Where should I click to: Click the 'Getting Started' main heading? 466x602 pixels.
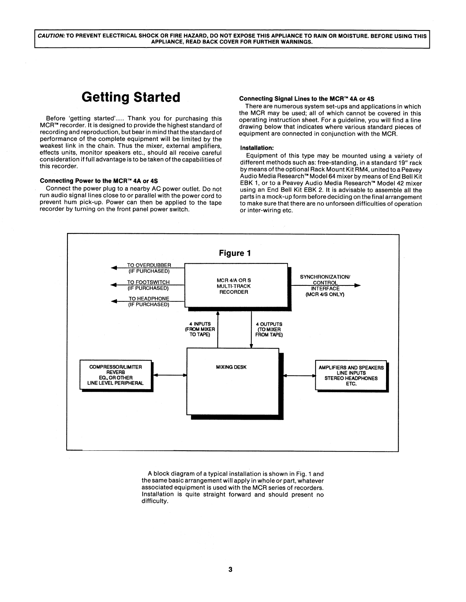(131, 97)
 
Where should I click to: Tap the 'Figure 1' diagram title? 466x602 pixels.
(235, 253)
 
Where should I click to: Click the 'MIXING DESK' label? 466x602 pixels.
(231, 367)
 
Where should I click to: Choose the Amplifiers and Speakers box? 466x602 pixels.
(351, 375)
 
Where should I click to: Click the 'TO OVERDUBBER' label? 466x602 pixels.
(149, 265)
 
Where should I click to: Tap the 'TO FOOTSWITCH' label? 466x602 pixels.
(148, 282)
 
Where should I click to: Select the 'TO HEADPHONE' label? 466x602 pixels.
(149, 299)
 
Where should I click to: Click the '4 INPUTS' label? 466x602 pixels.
(200, 324)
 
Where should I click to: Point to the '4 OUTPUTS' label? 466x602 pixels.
(269, 324)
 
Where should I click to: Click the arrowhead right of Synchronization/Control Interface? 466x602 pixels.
(357, 285)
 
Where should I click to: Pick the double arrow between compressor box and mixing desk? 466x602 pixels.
(169, 375)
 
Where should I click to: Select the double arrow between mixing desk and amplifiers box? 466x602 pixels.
(300, 375)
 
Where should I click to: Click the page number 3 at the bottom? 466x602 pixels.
(230, 569)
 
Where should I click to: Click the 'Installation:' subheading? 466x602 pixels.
(257, 147)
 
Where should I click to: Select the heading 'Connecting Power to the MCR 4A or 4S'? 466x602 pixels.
(99, 181)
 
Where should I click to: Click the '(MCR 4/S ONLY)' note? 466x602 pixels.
(325, 294)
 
